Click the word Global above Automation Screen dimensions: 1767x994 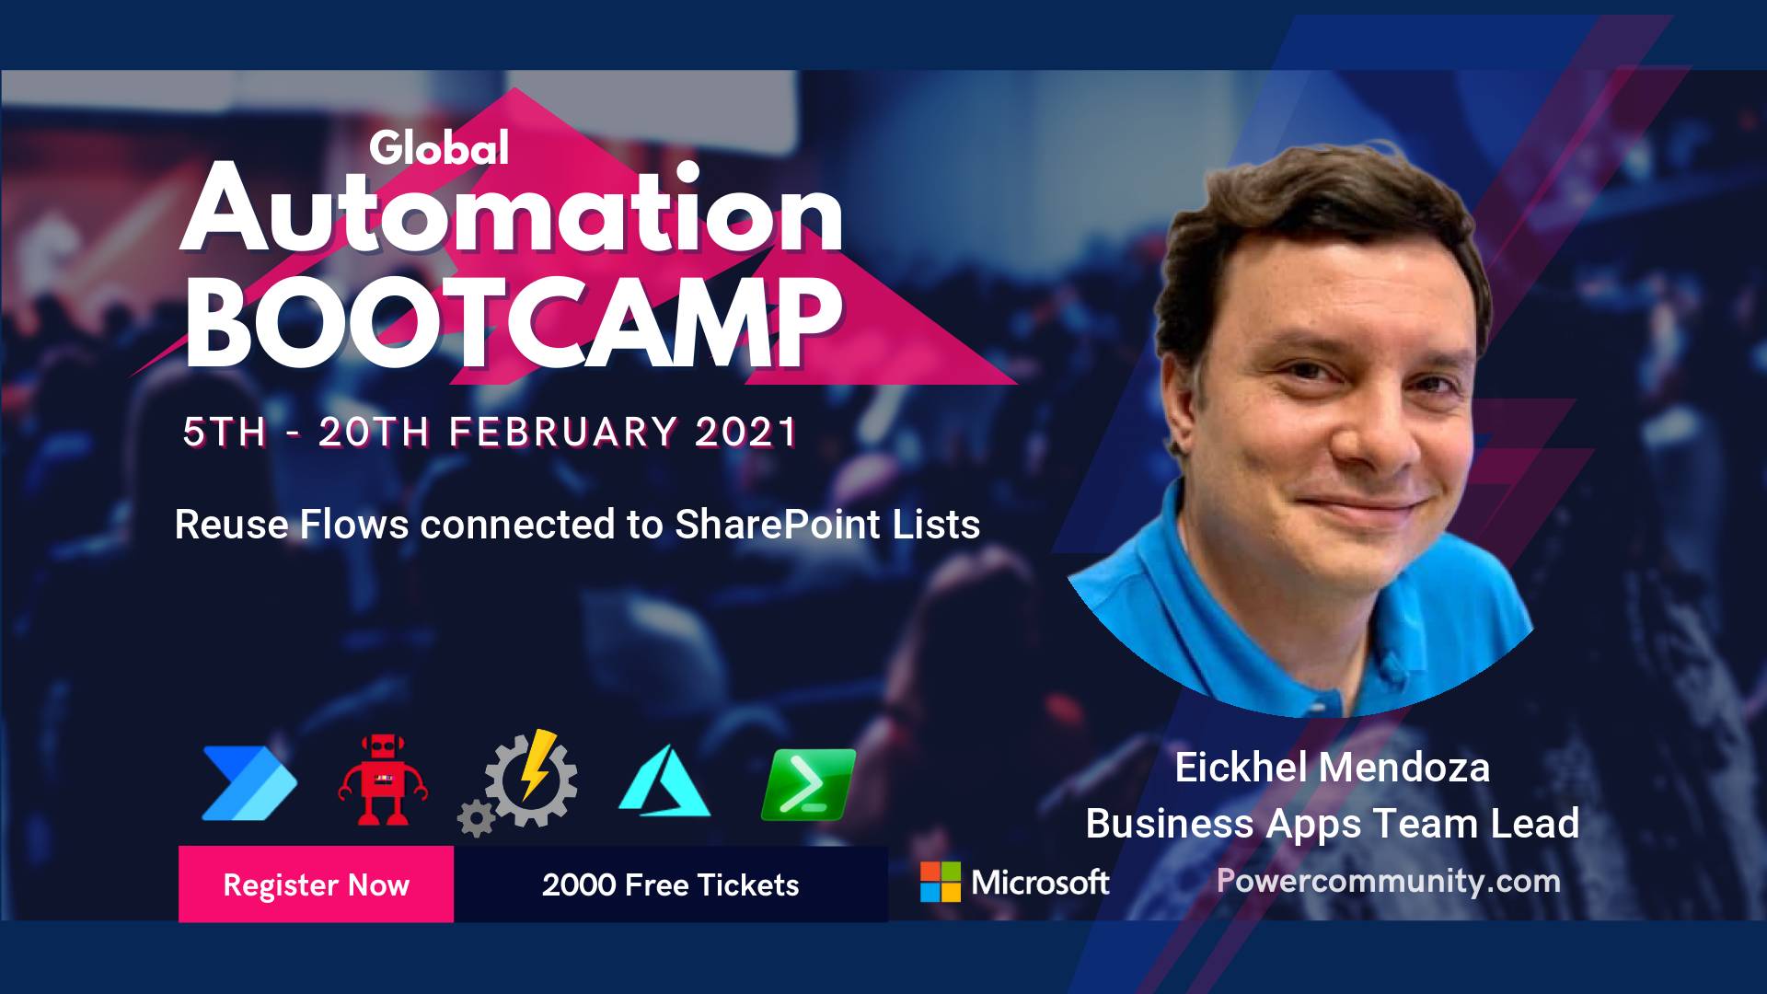click(439, 148)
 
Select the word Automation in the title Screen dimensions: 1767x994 click(512, 211)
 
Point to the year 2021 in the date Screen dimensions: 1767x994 click(745, 433)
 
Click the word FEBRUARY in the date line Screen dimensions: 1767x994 click(563, 433)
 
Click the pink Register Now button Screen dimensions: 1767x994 click(316, 884)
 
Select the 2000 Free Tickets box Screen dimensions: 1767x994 click(671, 884)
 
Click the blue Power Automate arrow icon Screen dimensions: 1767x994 click(249, 783)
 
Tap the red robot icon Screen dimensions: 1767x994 click(382, 779)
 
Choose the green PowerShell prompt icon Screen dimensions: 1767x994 click(808, 784)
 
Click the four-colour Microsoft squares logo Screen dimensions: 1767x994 click(941, 882)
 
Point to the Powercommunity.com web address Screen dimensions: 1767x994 click(1389, 881)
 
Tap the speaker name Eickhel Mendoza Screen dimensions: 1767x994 click(1332, 767)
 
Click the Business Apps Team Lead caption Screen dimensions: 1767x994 click(1333, 824)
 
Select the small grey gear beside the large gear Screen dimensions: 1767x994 click(476, 818)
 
